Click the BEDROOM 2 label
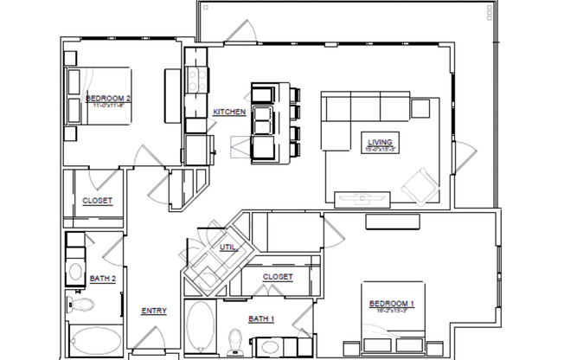(x=108, y=100)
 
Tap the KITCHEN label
(x=230, y=112)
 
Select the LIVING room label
(x=380, y=141)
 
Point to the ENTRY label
(x=154, y=311)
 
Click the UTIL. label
(x=227, y=247)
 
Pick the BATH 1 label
(x=261, y=319)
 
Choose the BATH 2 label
(x=102, y=279)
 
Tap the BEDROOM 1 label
(x=392, y=304)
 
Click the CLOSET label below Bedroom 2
(x=97, y=201)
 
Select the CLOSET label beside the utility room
(x=278, y=277)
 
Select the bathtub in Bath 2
(x=94, y=342)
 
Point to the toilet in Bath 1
(x=235, y=338)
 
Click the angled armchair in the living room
(x=420, y=183)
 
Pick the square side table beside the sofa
(x=421, y=107)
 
